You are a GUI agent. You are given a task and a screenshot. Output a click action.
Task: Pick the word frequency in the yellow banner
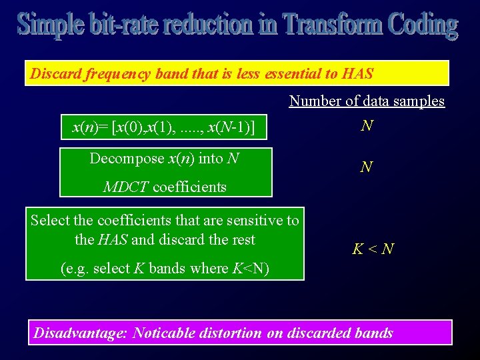[x=117, y=73]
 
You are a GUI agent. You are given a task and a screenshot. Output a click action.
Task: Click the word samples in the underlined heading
[x=419, y=101]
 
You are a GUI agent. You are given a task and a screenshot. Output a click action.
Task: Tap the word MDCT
[x=127, y=187]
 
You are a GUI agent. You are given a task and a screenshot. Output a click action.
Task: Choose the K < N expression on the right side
[x=373, y=250]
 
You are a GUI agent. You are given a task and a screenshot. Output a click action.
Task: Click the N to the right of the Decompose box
[x=366, y=167]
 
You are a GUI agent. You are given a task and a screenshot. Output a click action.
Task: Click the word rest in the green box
[x=242, y=239]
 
